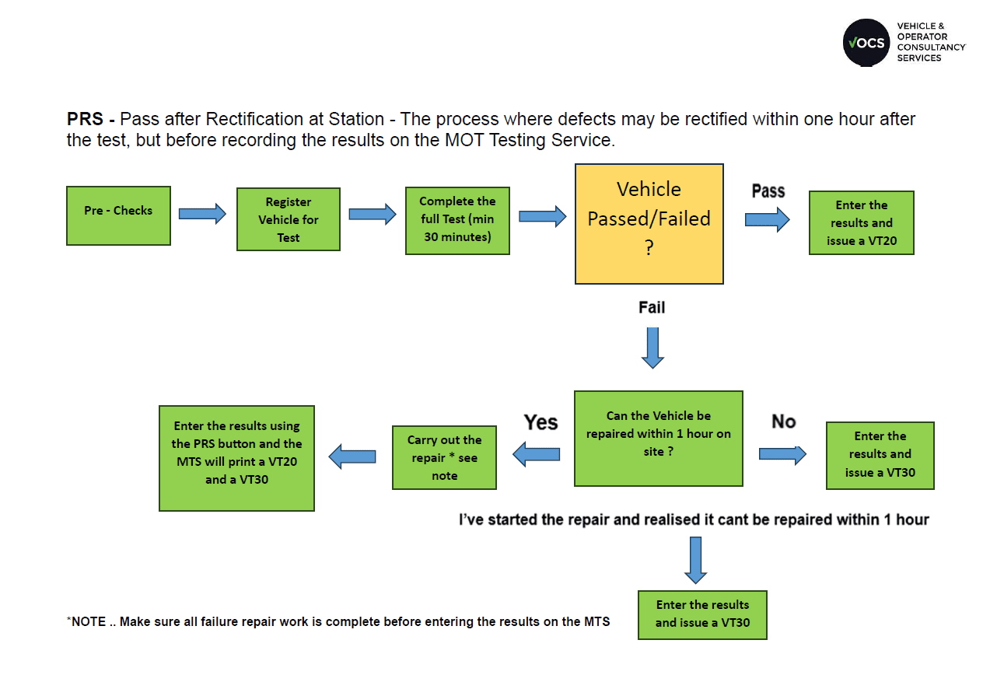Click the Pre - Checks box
click(x=118, y=215)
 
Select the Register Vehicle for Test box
click(x=288, y=219)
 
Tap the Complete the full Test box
click(x=457, y=220)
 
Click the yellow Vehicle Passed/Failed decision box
click(x=649, y=224)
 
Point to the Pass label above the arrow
click(x=768, y=191)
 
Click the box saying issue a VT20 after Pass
click(x=861, y=223)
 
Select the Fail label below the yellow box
click(x=652, y=308)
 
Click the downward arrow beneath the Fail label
click(x=652, y=347)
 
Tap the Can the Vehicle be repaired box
click(x=658, y=439)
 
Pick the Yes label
click(x=540, y=422)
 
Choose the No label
click(x=783, y=421)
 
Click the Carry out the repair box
click(x=444, y=457)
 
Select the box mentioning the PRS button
click(x=236, y=458)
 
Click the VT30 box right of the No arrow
click(x=880, y=455)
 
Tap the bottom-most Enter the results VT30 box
click(x=702, y=614)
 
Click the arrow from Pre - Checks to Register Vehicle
click(x=202, y=214)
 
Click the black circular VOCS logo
click(x=866, y=43)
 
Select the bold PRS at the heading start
click(x=85, y=120)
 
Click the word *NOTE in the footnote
click(x=86, y=621)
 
